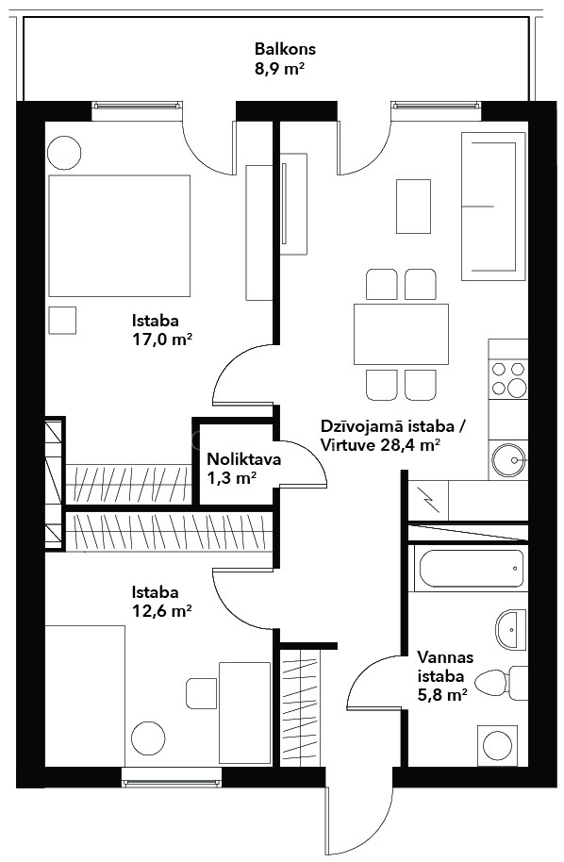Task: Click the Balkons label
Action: [285, 49]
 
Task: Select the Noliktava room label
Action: [243, 459]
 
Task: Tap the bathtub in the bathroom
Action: [471, 569]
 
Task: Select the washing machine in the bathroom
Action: [497, 745]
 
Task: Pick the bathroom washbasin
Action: [510, 630]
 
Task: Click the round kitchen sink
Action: [509, 459]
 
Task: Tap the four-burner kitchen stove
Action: [508, 379]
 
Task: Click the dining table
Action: [401, 334]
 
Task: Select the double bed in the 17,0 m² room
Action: [119, 236]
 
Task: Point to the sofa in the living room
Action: [493, 207]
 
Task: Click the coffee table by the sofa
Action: [413, 207]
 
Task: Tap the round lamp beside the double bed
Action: [64, 152]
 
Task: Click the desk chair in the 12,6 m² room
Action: [201, 693]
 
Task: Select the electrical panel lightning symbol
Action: [428, 500]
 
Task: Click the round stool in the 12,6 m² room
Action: [148, 738]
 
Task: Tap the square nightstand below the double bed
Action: [62, 321]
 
